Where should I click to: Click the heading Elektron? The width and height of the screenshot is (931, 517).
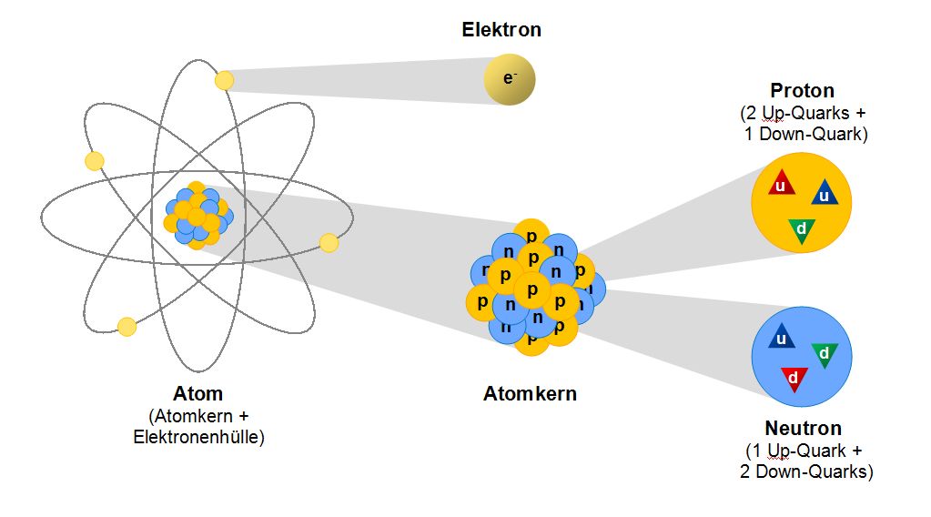point(501,29)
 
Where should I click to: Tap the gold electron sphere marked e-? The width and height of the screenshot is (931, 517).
point(510,80)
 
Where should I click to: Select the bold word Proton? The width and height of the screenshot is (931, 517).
point(802,90)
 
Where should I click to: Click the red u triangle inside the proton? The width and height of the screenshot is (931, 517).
point(781,184)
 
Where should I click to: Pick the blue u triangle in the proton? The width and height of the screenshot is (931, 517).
point(824,193)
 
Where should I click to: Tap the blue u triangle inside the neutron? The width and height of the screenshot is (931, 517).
point(780,338)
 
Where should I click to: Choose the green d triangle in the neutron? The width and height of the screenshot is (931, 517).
point(824,353)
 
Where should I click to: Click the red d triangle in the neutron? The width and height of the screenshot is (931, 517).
point(793,377)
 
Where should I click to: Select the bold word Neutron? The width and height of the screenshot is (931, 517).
point(803,428)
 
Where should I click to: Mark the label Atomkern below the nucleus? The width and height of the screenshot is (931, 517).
point(530,394)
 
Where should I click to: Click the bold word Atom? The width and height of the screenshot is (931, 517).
point(197,394)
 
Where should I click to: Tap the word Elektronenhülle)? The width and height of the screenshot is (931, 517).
point(198,437)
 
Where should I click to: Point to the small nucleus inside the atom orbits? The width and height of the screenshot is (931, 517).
point(197,216)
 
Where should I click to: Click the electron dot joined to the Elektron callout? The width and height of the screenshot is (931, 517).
point(224,80)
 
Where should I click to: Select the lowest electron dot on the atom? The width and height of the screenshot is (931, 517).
point(127,326)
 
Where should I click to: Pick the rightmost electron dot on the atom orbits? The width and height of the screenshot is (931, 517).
point(329,243)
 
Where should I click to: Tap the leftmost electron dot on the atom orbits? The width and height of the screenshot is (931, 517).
point(94,161)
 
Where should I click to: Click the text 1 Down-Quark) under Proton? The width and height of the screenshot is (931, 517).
point(802,133)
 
